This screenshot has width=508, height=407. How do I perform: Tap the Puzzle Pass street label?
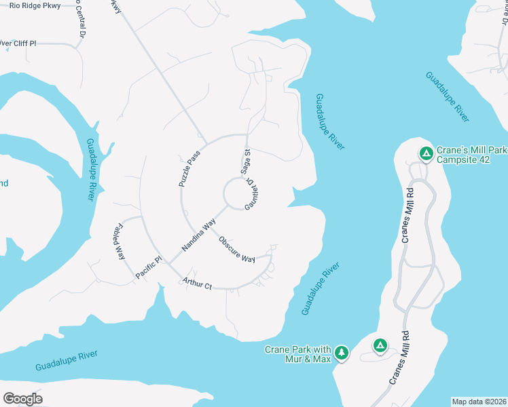click(190, 169)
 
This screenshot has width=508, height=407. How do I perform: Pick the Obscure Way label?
click(236, 249)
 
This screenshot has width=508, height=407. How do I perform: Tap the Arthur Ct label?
click(197, 284)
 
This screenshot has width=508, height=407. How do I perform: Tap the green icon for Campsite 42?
click(426, 154)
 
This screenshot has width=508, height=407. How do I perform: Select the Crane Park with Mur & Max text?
click(297, 354)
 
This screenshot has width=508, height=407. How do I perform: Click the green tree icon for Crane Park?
click(342, 353)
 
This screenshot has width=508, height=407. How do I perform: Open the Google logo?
click(22, 398)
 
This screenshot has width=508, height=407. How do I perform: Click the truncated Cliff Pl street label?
click(18, 43)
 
